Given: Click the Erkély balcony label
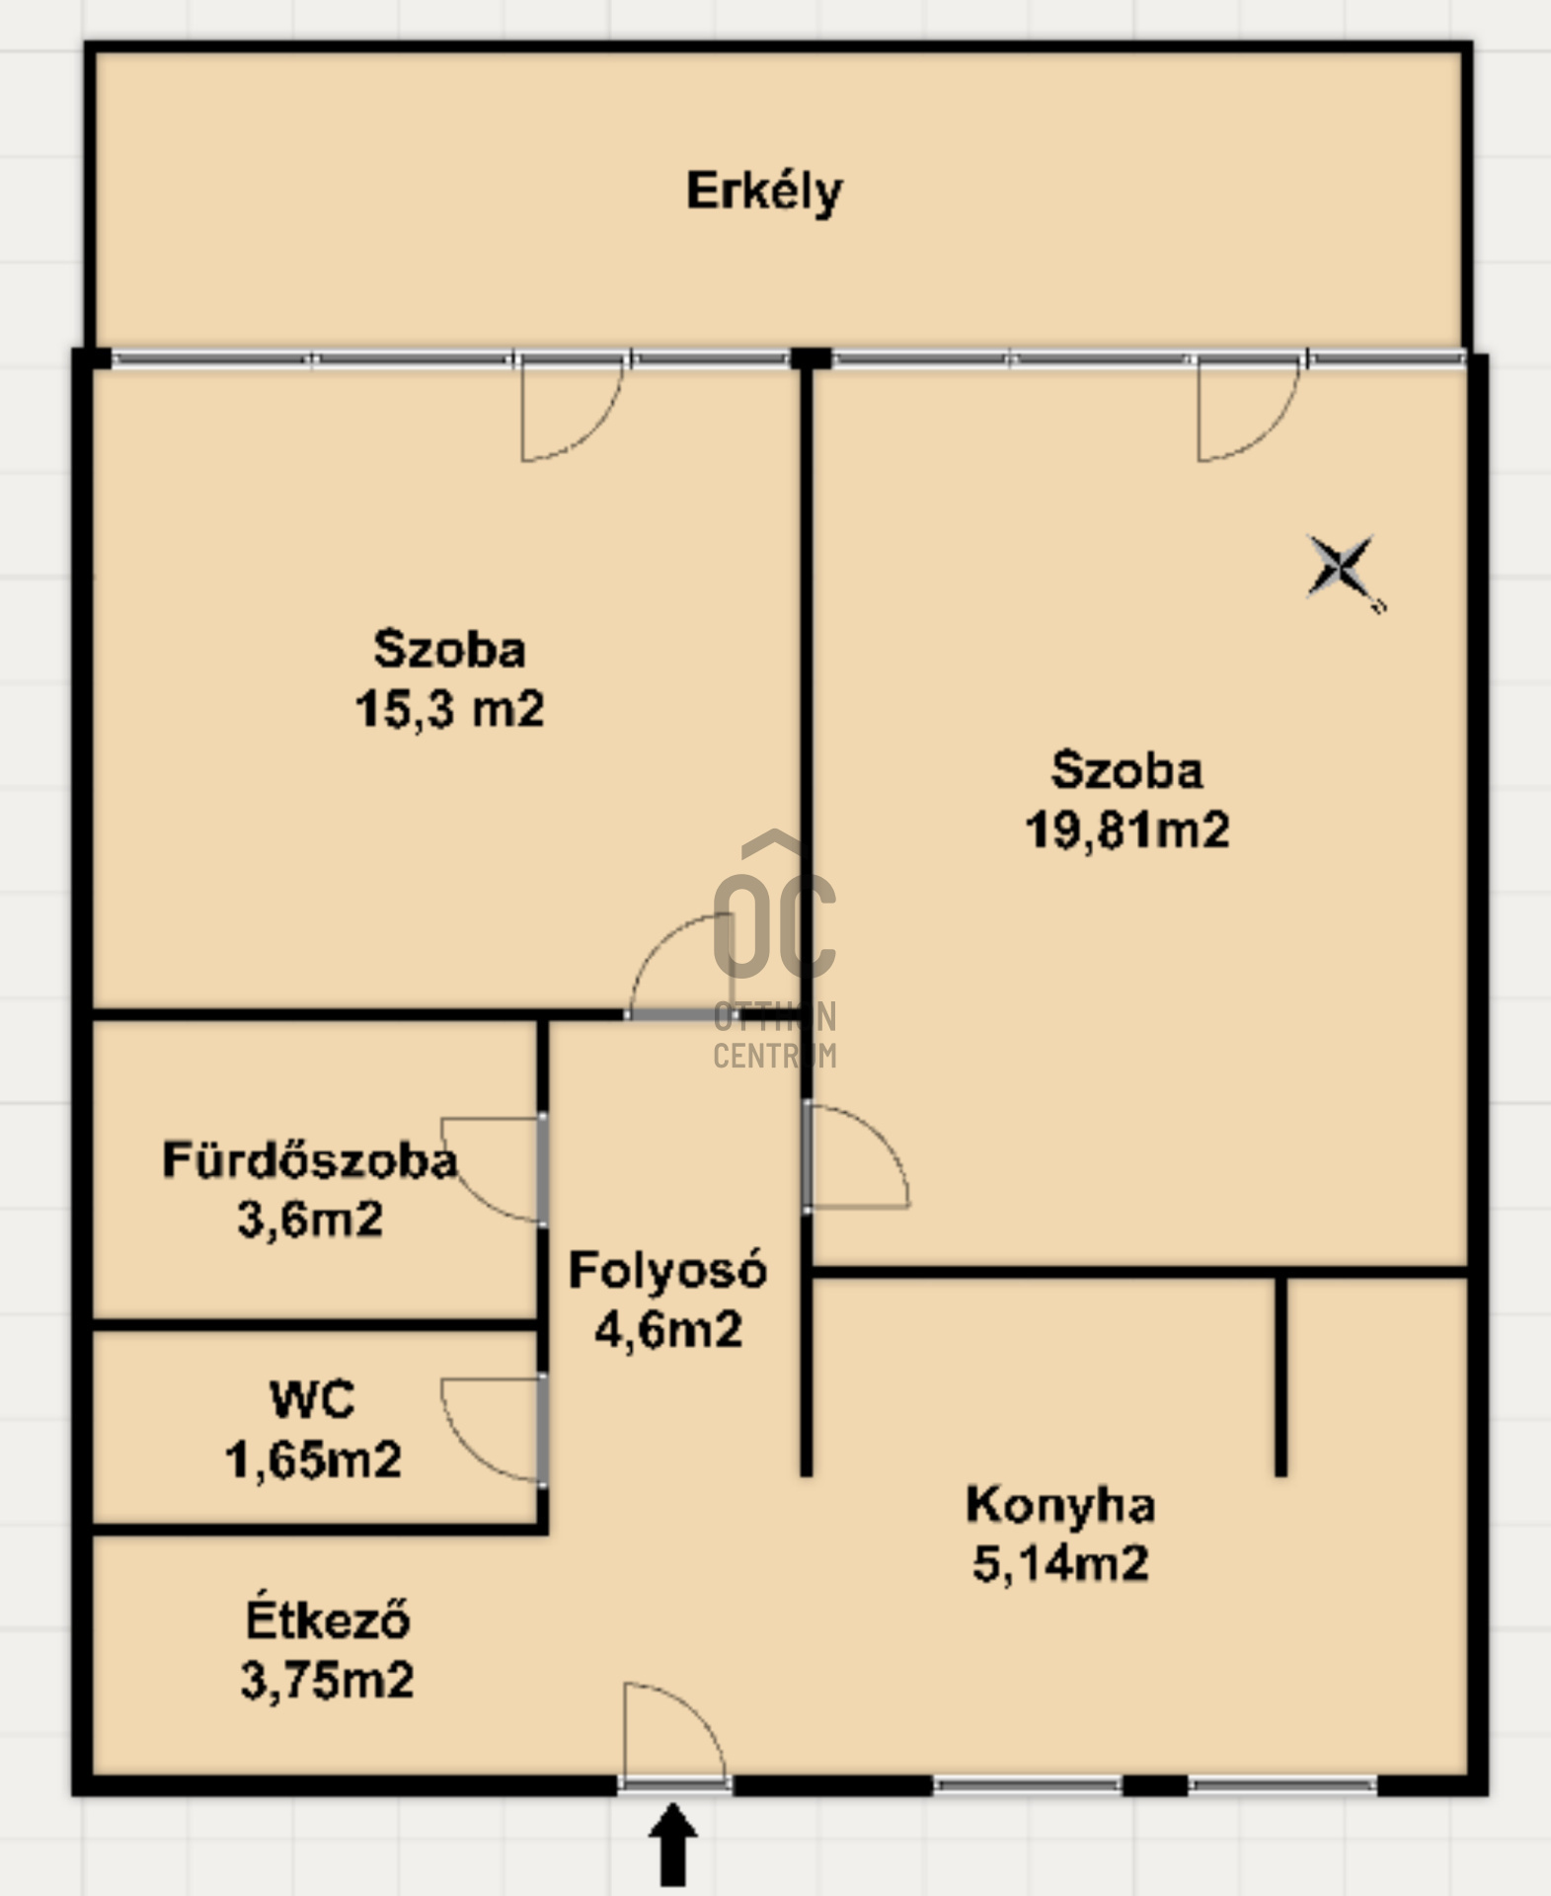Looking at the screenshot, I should [764, 192].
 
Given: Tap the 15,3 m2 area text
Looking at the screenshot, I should [449, 709].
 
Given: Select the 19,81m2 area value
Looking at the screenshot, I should [1127, 829].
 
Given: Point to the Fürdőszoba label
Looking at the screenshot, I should [310, 1160].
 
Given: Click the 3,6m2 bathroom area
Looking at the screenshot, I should [310, 1220].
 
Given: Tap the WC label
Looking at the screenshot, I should [312, 1400].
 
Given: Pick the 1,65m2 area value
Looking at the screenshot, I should [313, 1460].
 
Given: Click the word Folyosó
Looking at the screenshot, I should [667, 1270].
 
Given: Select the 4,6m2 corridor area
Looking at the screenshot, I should [667, 1329].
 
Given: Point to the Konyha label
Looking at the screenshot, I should [1060, 1505].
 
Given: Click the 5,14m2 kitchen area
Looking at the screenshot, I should [1060, 1563].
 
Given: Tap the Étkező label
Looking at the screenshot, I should [327, 1620].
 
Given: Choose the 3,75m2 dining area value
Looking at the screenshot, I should [327, 1680].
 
